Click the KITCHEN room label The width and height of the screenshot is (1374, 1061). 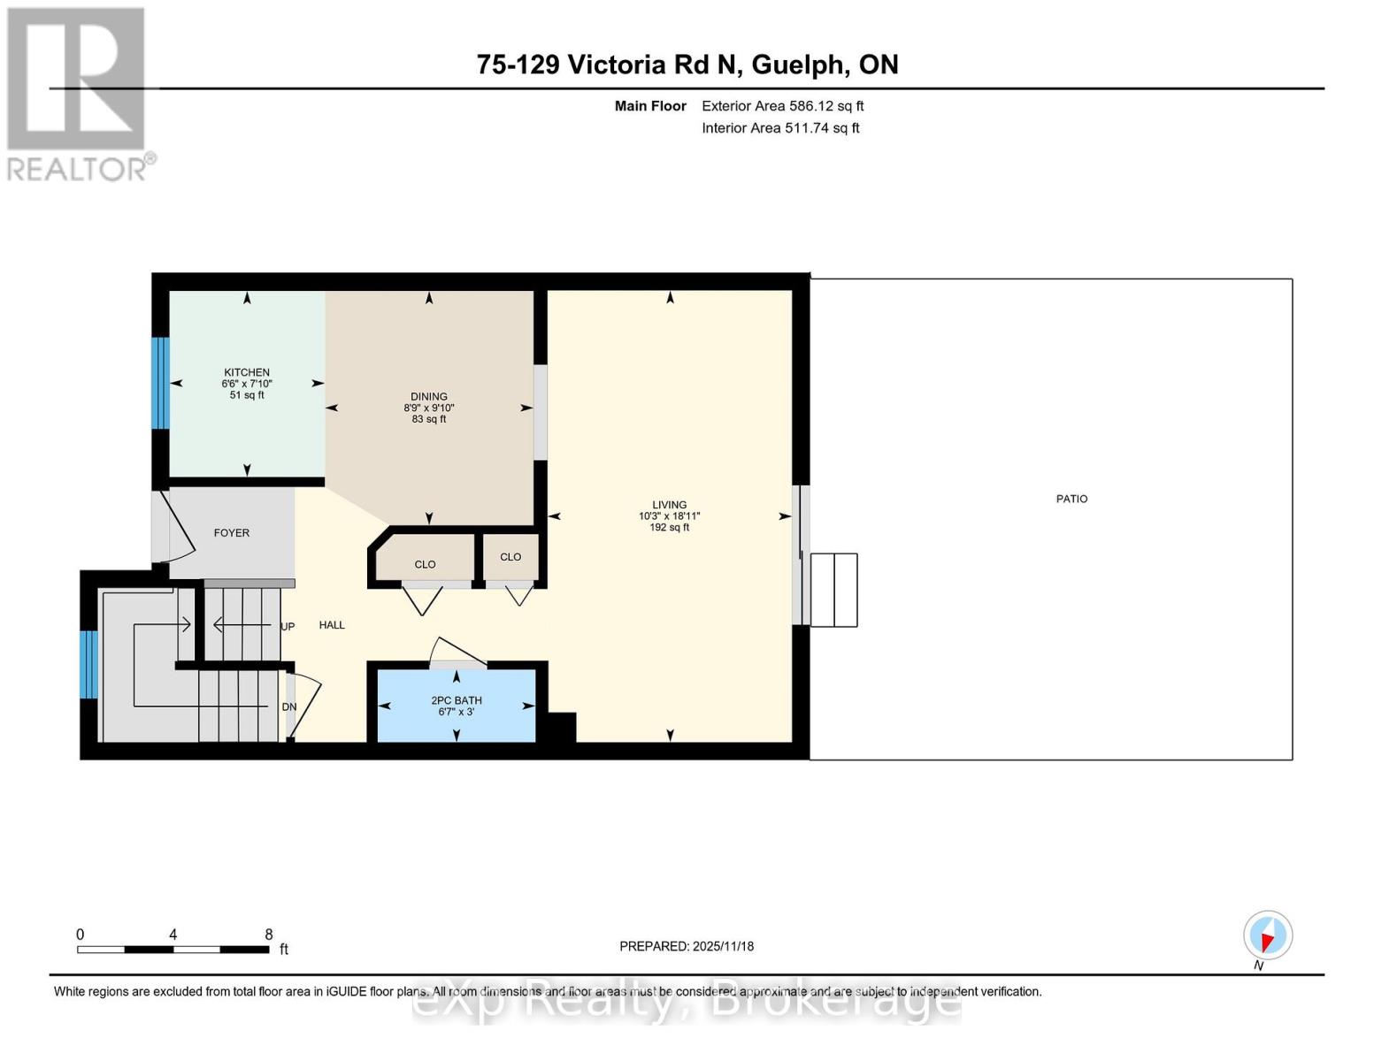(247, 373)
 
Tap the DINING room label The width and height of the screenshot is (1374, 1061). (429, 397)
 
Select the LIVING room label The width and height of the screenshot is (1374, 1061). (670, 505)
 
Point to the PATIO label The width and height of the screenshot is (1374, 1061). (1071, 499)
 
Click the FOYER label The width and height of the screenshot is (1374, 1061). (232, 533)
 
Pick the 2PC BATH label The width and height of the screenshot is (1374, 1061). (457, 700)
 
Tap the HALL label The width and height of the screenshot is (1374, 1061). (332, 625)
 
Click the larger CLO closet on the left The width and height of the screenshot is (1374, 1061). (425, 564)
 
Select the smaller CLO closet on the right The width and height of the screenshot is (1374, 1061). (510, 557)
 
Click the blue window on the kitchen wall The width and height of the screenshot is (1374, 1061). (160, 383)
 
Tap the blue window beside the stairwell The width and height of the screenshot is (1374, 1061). (88, 664)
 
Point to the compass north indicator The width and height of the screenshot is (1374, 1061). (1268, 935)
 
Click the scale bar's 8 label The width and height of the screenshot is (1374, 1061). (269, 935)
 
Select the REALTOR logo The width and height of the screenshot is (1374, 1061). (78, 94)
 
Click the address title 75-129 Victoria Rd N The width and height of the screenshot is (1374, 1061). (687, 65)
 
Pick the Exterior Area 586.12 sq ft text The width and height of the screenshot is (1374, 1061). (782, 106)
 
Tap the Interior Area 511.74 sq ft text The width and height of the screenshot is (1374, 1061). (780, 128)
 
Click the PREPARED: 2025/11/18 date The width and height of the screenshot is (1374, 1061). (687, 946)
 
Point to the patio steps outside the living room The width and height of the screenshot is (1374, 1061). (833, 591)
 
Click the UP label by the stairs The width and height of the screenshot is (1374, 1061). (288, 627)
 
